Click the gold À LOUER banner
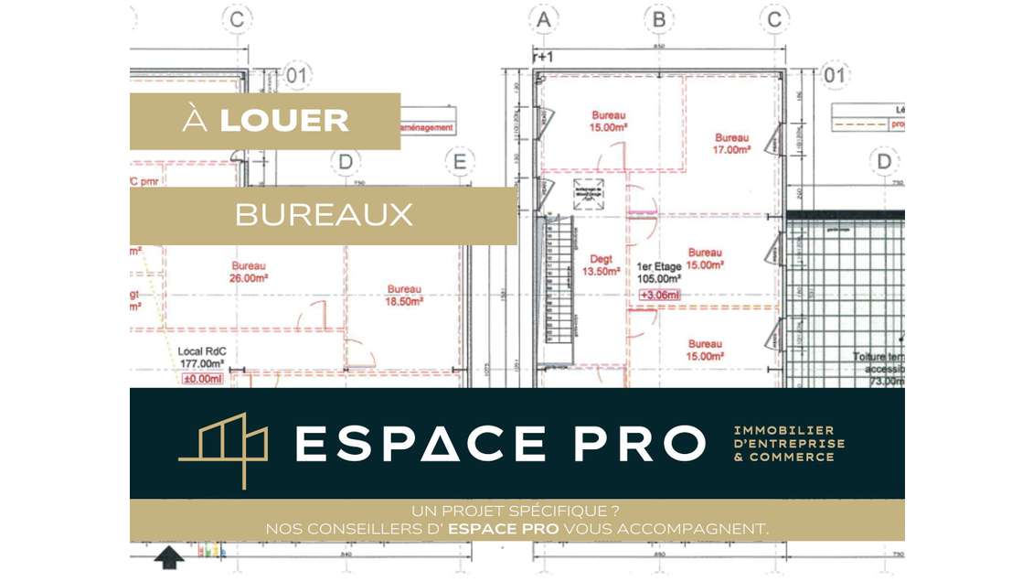click(x=265, y=121)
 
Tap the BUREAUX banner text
click(x=324, y=215)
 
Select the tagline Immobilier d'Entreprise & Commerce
click(x=789, y=444)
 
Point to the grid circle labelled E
click(x=460, y=163)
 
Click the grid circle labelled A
click(x=544, y=18)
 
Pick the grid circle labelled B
click(x=658, y=18)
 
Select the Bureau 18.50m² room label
click(x=403, y=295)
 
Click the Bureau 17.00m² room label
click(x=732, y=143)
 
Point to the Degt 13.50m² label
click(x=601, y=265)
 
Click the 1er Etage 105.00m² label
click(x=659, y=274)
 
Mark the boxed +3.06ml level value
click(x=659, y=295)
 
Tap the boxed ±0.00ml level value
click(x=204, y=379)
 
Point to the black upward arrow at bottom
click(x=169, y=556)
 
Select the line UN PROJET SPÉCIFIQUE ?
click(x=516, y=511)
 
